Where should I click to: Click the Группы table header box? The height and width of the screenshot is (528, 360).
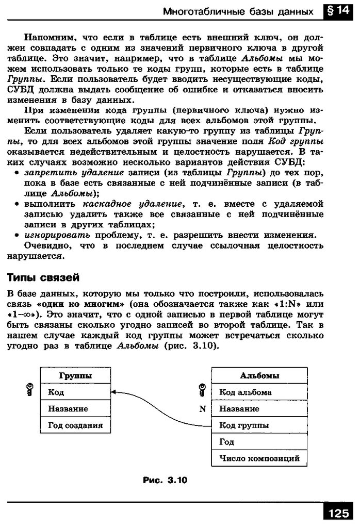[x=75, y=376]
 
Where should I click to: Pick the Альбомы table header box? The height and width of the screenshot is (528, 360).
[x=259, y=376]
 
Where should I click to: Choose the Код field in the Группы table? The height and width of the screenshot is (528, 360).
[x=75, y=392]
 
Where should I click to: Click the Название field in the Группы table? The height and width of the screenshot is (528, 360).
[x=75, y=409]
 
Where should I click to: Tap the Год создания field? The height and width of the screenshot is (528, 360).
[x=75, y=425]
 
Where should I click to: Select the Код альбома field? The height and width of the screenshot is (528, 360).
[x=259, y=392]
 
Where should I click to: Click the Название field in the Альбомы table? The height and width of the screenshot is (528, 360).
[x=259, y=409]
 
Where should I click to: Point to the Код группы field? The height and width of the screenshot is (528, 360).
[x=259, y=425]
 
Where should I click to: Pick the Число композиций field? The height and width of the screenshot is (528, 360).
[x=259, y=458]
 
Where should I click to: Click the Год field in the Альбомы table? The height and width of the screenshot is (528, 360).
[x=259, y=442]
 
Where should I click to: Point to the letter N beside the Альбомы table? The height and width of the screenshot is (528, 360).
[x=202, y=409]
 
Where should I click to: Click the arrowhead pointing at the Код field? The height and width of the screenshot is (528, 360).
[x=114, y=393]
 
